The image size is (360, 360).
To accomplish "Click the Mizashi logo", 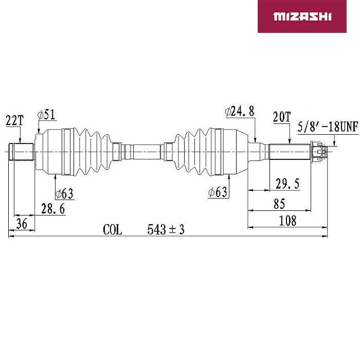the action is (302, 16).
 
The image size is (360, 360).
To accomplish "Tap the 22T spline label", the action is (15, 120).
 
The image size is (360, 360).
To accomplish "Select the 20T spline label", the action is (282, 117).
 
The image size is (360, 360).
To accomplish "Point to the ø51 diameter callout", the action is (47, 115).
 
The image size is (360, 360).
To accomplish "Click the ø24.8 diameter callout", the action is (240, 112).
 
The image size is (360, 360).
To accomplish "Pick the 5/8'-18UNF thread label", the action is (328, 127).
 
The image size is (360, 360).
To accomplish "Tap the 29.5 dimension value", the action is (287, 184).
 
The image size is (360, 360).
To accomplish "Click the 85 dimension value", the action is (279, 204).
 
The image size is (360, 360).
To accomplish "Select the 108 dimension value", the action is (287, 221).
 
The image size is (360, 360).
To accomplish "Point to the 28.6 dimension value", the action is (53, 209).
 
